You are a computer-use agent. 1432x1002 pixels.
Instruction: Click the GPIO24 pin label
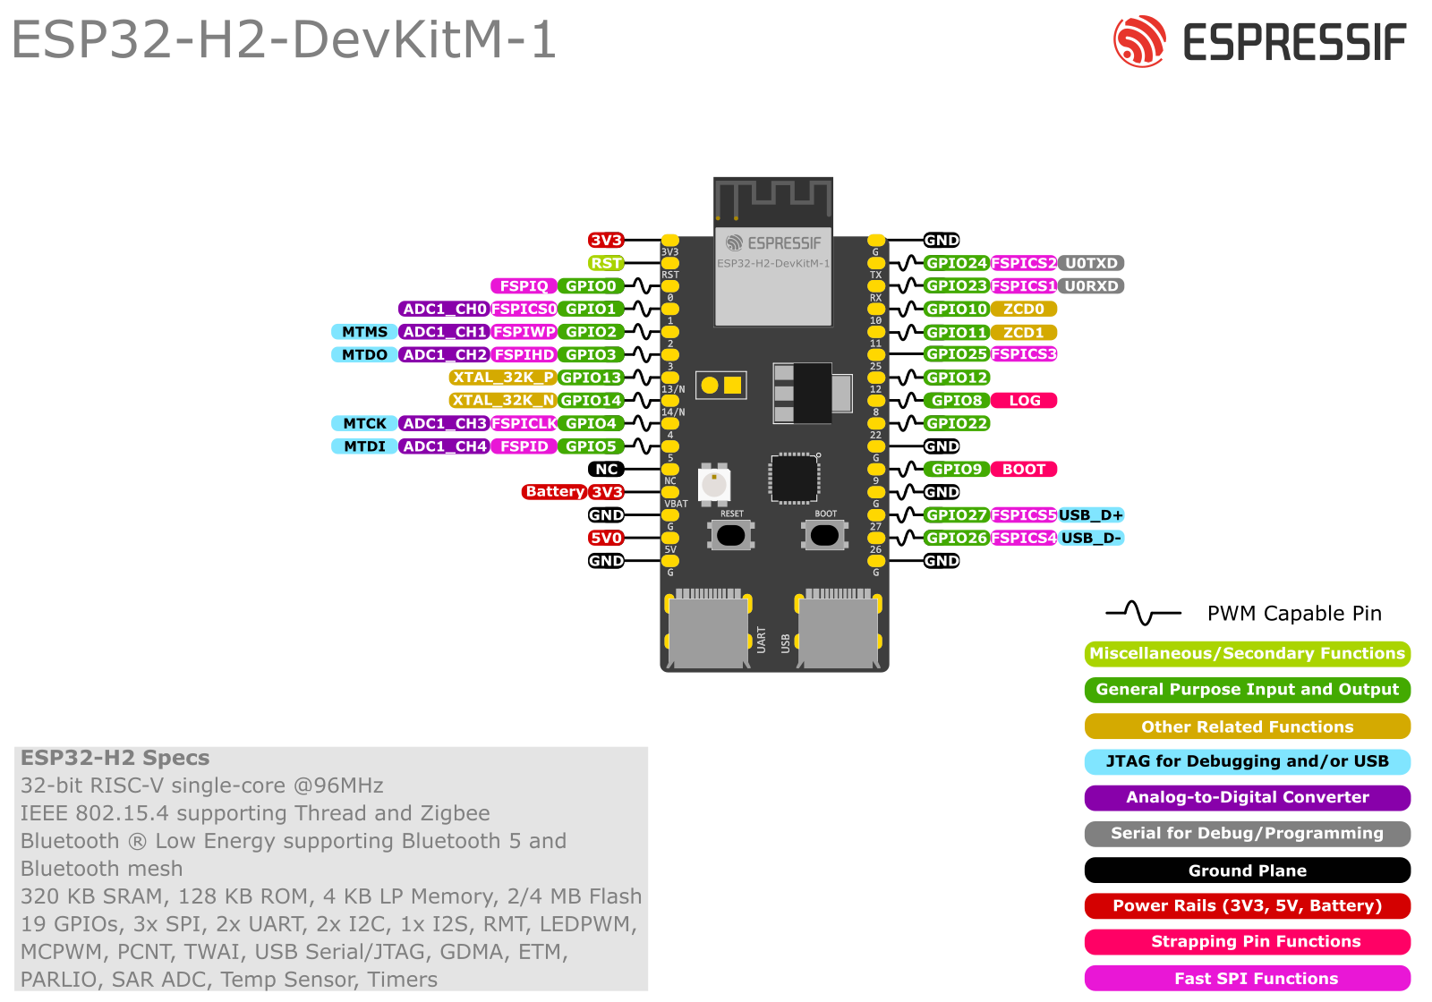coord(956,263)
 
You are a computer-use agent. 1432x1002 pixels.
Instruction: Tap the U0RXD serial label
coord(1091,286)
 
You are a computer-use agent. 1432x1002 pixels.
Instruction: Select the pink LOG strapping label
coord(1024,401)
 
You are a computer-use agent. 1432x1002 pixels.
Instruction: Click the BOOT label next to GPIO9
coord(1024,469)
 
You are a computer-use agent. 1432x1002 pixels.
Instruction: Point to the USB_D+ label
coord(1090,515)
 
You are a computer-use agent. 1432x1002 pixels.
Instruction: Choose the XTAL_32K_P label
coord(503,378)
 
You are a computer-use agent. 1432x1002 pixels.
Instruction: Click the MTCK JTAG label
coord(364,423)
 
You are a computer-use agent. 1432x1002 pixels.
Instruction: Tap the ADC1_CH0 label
coord(444,309)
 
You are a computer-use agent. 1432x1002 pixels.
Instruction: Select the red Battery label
coord(554,492)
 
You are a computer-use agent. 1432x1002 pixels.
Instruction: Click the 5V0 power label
coord(606,538)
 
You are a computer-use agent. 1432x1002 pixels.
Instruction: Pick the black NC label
coord(606,469)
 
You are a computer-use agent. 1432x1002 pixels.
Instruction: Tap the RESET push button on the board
coord(731,535)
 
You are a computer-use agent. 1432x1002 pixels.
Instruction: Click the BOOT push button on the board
coord(824,535)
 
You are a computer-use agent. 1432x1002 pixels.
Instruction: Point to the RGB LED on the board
coord(714,485)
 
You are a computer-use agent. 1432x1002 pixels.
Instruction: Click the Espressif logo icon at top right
coord(1139,41)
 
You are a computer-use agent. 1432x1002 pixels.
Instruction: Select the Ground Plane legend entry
coord(1247,870)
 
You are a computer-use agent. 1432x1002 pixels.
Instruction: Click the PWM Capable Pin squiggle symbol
coord(1143,613)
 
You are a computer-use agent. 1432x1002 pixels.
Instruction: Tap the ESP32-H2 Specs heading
coord(115,758)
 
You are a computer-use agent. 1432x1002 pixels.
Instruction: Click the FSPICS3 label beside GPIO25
coord(1024,354)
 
